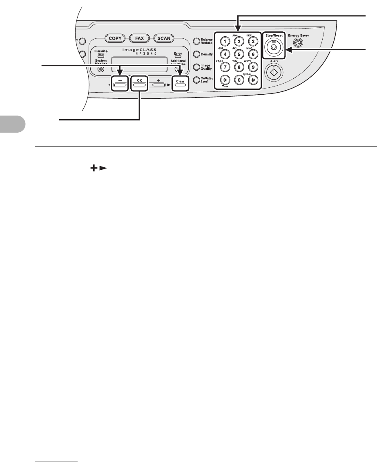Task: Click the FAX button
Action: (x=139, y=38)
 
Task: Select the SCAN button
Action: (x=164, y=38)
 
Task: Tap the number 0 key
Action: (x=239, y=80)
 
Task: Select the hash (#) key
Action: (x=253, y=80)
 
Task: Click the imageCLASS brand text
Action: (x=139, y=50)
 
